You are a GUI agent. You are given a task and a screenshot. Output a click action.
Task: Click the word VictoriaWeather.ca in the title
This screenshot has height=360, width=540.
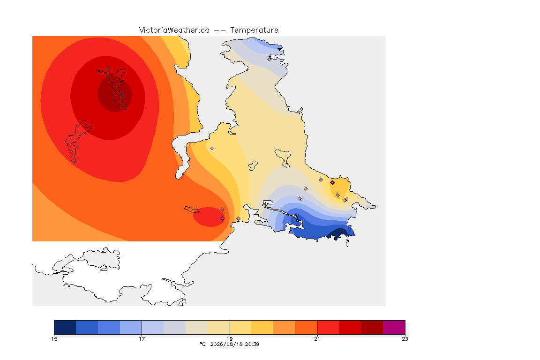(x=174, y=30)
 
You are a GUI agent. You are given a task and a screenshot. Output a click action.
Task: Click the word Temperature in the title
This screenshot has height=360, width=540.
(x=254, y=30)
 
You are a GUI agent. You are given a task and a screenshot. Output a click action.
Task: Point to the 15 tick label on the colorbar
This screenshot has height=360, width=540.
(x=54, y=339)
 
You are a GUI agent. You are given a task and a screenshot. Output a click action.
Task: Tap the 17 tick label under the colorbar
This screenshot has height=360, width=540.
(x=142, y=339)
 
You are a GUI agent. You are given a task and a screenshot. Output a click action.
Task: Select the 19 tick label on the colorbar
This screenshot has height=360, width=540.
(x=230, y=339)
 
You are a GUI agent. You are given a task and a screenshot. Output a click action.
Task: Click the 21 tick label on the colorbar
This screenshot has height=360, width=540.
(x=317, y=339)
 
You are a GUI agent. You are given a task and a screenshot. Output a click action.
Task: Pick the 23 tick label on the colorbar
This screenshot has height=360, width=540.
(x=405, y=339)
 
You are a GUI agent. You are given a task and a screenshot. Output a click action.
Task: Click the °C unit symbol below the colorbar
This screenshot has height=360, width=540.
(x=203, y=344)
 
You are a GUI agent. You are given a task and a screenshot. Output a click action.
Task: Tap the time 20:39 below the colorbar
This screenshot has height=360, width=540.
(x=252, y=344)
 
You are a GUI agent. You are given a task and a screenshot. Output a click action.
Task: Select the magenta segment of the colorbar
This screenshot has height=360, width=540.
(x=394, y=327)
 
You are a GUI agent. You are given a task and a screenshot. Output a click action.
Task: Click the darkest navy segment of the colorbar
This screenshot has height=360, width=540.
(x=65, y=327)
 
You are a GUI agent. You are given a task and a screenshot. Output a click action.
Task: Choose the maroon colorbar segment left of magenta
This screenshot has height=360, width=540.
(x=372, y=327)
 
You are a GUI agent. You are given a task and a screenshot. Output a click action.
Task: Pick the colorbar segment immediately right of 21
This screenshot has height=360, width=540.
(x=328, y=327)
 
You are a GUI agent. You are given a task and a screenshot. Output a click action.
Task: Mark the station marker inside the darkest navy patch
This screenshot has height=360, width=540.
(x=341, y=231)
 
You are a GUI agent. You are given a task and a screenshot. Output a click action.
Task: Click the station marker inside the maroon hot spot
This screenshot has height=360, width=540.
(x=122, y=94)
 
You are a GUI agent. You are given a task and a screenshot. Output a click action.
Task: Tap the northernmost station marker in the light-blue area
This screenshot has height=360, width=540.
(x=270, y=59)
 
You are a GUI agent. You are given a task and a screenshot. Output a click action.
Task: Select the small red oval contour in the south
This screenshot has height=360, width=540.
(x=209, y=217)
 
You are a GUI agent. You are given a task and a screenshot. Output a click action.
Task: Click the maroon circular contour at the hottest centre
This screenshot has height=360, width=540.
(x=115, y=93)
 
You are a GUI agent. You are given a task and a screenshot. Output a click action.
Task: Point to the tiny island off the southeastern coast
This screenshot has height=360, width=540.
(x=347, y=243)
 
